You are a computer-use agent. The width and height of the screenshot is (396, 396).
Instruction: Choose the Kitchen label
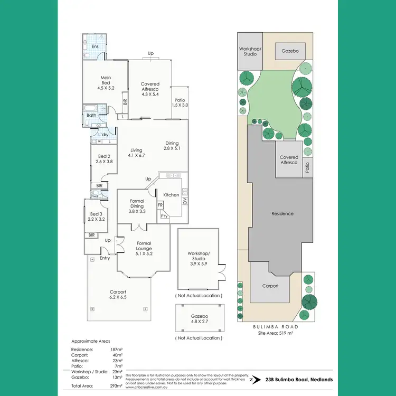[x=171, y=195]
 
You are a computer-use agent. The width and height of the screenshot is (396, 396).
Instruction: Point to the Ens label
[x=95, y=46]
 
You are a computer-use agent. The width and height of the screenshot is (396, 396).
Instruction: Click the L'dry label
[x=103, y=134]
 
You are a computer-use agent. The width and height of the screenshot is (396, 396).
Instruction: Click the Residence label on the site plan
[x=282, y=213]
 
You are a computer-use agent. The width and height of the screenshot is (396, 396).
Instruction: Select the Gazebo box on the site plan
[x=290, y=51]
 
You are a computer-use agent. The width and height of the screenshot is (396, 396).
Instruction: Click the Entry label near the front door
[x=105, y=258]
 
